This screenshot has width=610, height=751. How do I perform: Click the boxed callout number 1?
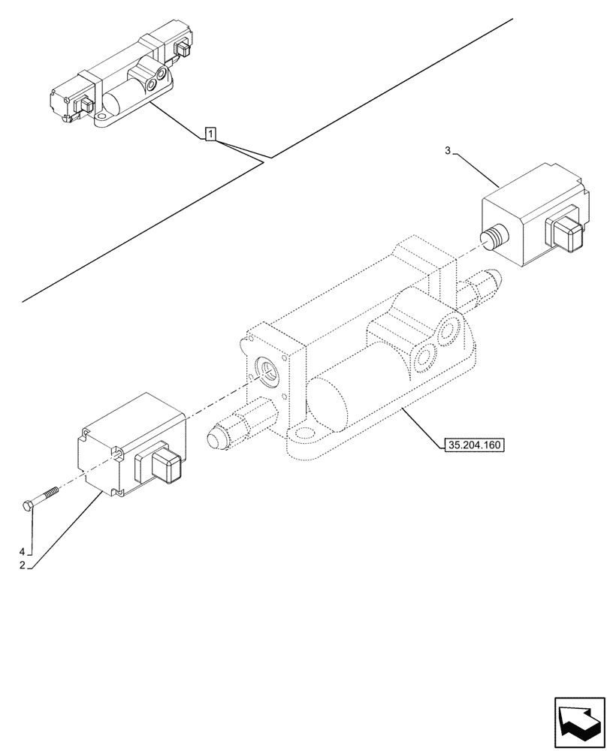(x=211, y=135)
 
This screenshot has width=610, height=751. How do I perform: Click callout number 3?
(x=448, y=151)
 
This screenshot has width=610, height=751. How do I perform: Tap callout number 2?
(x=23, y=566)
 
